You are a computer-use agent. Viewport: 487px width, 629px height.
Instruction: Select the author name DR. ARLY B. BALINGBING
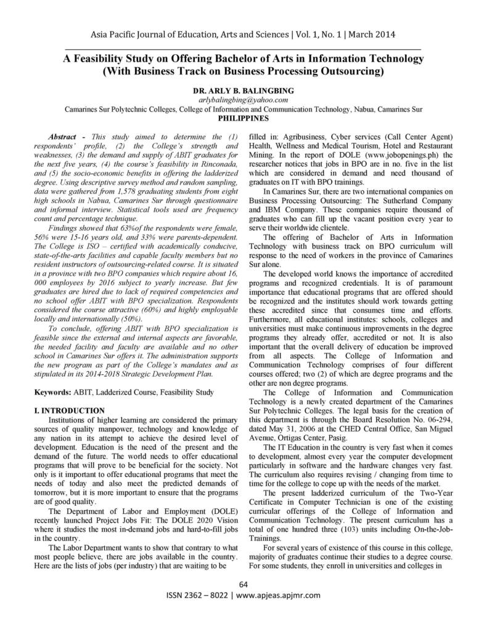click(243, 90)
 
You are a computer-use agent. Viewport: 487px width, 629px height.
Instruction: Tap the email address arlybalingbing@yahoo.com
click(243, 99)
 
